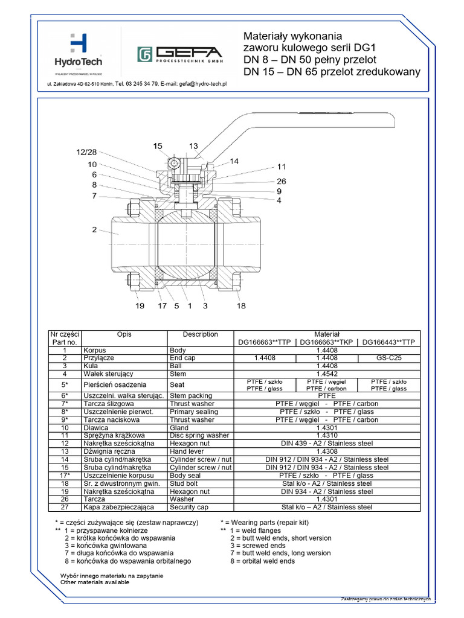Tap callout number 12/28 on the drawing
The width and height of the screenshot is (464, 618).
tap(86, 151)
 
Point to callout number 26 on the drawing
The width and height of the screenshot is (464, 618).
tap(282, 180)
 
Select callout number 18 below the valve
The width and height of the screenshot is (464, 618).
tap(241, 306)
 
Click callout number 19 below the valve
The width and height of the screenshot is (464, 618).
tap(140, 306)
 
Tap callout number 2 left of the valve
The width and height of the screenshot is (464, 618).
tap(94, 229)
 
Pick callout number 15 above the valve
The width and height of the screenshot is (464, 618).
tap(158, 145)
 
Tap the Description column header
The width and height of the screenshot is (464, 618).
tap(200, 334)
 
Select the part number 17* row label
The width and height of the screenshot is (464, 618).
tap(64, 476)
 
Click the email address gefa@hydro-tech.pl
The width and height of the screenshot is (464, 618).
tap(202, 84)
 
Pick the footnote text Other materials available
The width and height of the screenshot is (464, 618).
tap(95, 582)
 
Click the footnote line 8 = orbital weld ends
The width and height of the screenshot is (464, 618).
tap(262, 561)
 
